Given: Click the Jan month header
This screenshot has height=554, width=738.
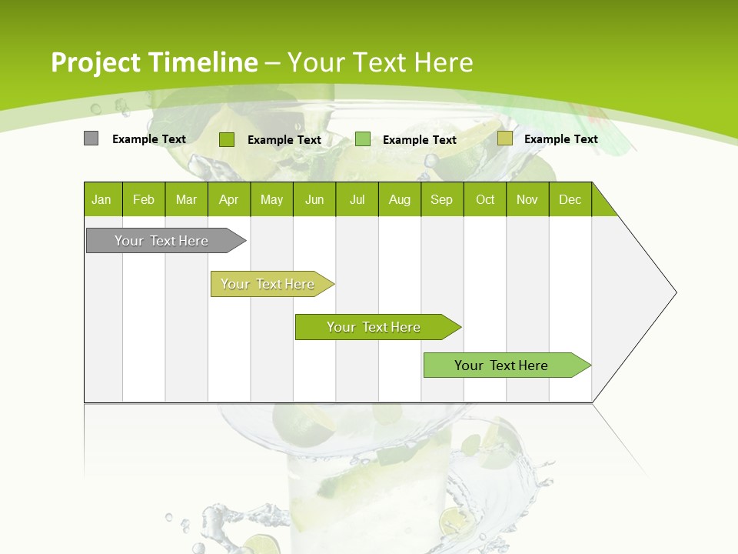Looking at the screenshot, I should pyautogui.click(x=102, y=199).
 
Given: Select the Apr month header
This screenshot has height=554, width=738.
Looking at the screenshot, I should pyautogui.click(x=229, y=199).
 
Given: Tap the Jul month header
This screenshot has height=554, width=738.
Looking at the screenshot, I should pyautogui.click(x=357, y=199).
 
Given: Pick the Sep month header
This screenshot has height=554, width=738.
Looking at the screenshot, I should pyautogui.click(x=442, y=199).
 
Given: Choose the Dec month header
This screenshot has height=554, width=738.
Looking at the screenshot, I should pyautogui.click(x=570, y=199).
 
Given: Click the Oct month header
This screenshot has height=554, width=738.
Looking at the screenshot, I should pyautogui.click(x=485, y=199).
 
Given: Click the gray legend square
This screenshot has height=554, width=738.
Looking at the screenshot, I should pyautogui.click(x=91, y=138).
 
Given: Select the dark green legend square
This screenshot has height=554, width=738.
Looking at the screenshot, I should pyautogui.click(x=226, y=139).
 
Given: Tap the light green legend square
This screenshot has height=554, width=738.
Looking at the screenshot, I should pyautogui.click(x=363, y=139).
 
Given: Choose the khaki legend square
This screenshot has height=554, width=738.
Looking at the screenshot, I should pyautogui.click(x=504, y=138).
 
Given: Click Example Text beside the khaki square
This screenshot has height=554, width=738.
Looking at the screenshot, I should pyautogui.click(x=560, y=138).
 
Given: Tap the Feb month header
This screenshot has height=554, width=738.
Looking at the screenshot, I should pyautogui.click(x=144, y=199).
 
